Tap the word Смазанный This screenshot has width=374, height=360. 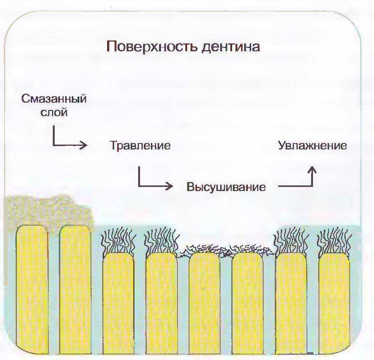click(x=54, y=99)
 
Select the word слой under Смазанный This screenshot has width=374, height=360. click(x=54, y=112)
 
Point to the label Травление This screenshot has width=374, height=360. click(x=140, y=145)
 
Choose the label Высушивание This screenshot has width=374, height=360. click(x=226, y=187)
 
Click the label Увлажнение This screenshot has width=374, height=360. click(x=312, y=145)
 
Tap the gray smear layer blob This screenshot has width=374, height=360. click(x=45, y=210)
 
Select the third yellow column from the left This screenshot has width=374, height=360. click(x=118, y=300)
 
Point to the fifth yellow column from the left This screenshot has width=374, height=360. click(x=204, y=300)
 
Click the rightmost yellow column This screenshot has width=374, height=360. click(x=334, y=300)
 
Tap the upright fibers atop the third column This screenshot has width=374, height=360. click(x=118, y=242)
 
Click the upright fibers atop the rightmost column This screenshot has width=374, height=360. click(x=334, y=242)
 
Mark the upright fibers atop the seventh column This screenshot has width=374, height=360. click(x=291, y=242)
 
